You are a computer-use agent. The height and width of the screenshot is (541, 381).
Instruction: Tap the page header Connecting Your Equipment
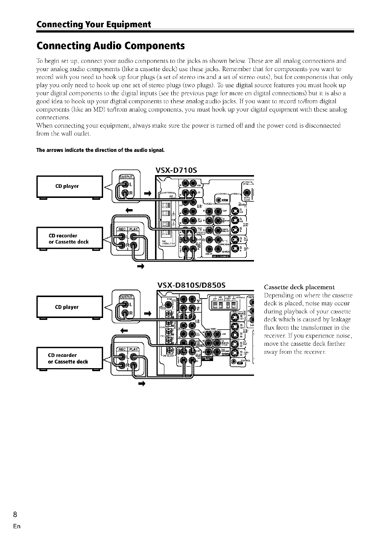(x=93, y=25)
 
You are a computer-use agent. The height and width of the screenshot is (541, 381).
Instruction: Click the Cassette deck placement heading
(x=299, y=287)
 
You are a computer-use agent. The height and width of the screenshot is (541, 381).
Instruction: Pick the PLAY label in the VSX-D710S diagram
(x=133, y=229)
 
